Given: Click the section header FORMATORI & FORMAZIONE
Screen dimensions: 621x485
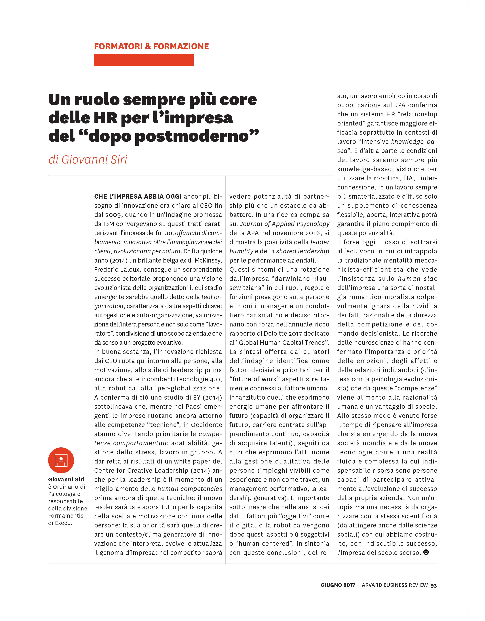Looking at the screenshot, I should tap(151, 46).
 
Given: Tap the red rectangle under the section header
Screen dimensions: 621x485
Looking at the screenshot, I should tap(144, 60).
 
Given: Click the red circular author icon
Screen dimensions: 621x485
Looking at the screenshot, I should tap(61, 460).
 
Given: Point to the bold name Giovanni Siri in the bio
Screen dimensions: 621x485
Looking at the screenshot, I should tap(66, 479).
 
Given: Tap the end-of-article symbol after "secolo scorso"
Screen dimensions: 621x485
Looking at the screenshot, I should tap(426, 552).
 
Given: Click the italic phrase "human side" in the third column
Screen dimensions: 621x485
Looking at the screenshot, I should tap(417, 279).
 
